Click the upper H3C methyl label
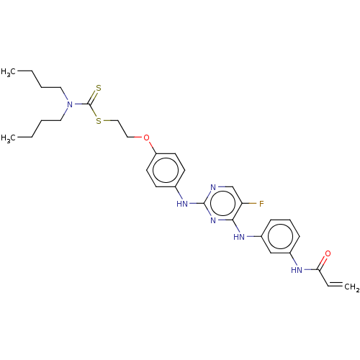[9, 72]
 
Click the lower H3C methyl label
[9, 138]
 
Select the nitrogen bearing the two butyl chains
[70, 104]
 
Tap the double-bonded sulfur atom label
[99, 88]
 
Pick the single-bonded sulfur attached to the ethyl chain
[99, 121]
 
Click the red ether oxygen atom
[146, 138]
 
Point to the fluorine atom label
[261, 204]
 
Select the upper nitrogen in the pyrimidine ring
[213, 187]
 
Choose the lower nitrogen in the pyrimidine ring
[213, 220]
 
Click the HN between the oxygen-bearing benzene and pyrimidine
[182, 204]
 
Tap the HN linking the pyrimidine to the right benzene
[239, 237]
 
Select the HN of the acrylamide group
[297, 270]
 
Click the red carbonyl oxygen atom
[328, 253]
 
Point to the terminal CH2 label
[352, 287]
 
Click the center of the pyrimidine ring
[223, 204]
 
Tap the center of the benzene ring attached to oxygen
[166, 170]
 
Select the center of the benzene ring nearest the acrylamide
[280, 237]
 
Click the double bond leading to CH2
[335, 284]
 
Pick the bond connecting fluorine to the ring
[250, 204]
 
